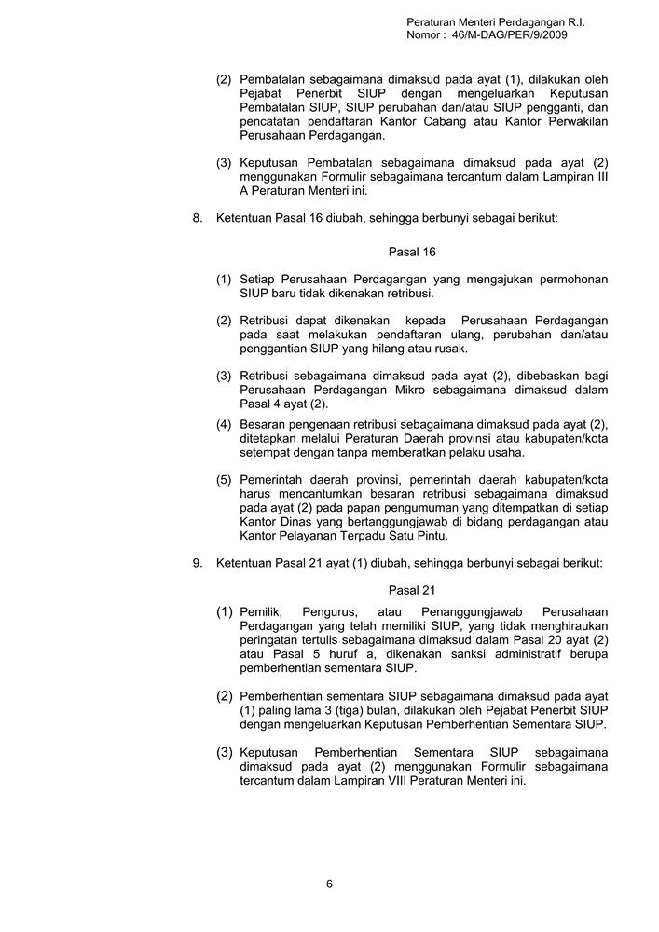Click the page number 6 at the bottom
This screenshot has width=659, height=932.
(329, 884)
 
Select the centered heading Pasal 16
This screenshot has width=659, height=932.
(412, 252)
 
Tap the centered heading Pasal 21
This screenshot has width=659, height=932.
(412, 590)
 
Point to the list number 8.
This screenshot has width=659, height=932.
(197, 217)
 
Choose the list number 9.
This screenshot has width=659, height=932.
(197, 563)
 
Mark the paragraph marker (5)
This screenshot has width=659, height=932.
(225, 480)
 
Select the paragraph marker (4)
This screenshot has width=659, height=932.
(225, 425)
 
